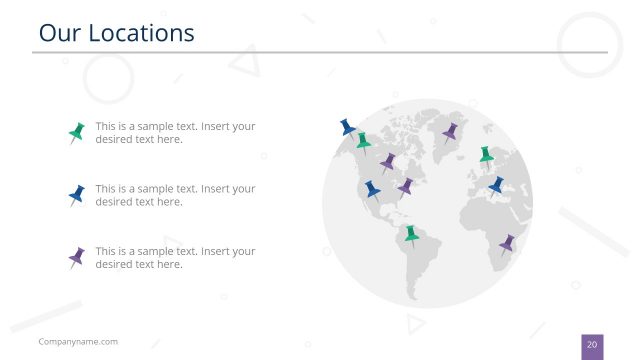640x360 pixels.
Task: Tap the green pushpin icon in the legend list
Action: [76, 132]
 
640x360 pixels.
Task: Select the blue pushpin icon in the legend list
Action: [76, 194]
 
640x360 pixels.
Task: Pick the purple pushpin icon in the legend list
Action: [76, 257]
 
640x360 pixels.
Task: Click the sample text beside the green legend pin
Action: [175, 133]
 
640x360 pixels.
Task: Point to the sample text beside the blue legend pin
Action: [175, 195]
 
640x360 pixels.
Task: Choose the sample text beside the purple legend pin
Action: [175, 258]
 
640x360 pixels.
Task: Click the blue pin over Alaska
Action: [347, 127]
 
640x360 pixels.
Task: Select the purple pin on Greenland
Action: [450, 131]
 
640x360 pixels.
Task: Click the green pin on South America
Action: [410, 235]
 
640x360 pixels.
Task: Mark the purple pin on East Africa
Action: [507, 243]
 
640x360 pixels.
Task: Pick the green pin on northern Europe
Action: [486, 155]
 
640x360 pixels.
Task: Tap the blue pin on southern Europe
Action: [496, 185]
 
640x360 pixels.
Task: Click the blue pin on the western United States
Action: [372, 188]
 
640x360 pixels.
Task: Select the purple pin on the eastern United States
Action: [405, 186]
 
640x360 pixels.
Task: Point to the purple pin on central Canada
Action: [387, 161]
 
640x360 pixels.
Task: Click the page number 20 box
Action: [592, 345]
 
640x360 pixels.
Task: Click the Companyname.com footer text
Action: [78, 342]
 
